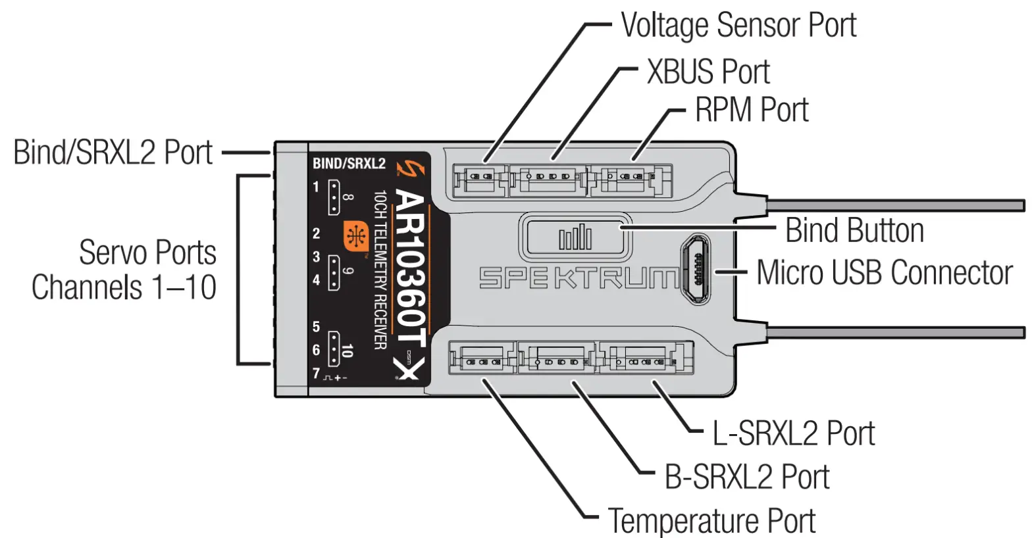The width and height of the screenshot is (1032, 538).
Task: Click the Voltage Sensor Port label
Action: click(738, 26)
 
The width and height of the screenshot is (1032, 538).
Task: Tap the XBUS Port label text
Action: click(708, 71)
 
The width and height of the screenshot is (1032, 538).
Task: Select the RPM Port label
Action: click(751, 110)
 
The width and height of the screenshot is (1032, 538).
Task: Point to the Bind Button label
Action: click(854, 231)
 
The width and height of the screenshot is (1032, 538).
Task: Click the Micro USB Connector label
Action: click(884, 273)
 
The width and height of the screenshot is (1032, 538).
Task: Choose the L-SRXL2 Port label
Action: click(793, 433)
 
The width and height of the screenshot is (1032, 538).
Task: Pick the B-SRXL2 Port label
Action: click(746, 477)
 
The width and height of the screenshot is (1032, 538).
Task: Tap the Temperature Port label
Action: click(711, 521)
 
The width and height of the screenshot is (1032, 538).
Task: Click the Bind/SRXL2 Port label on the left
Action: click(113, 153)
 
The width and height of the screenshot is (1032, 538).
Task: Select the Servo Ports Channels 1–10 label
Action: click(124, 270)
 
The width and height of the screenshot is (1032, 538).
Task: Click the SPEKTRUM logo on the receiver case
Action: click(578, 278)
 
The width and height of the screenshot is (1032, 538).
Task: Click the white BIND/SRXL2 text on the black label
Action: click(348, 164)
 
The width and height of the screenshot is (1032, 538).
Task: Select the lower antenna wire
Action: click(895, 333)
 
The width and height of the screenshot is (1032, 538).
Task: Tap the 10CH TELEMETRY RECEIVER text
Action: click(380, 270)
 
